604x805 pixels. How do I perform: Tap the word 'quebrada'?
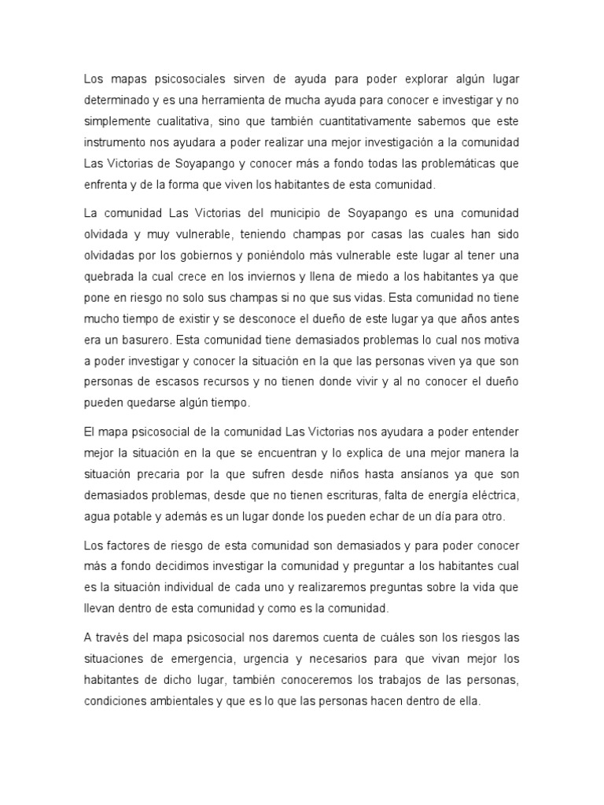pyautogui.click(x=109, y=275)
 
